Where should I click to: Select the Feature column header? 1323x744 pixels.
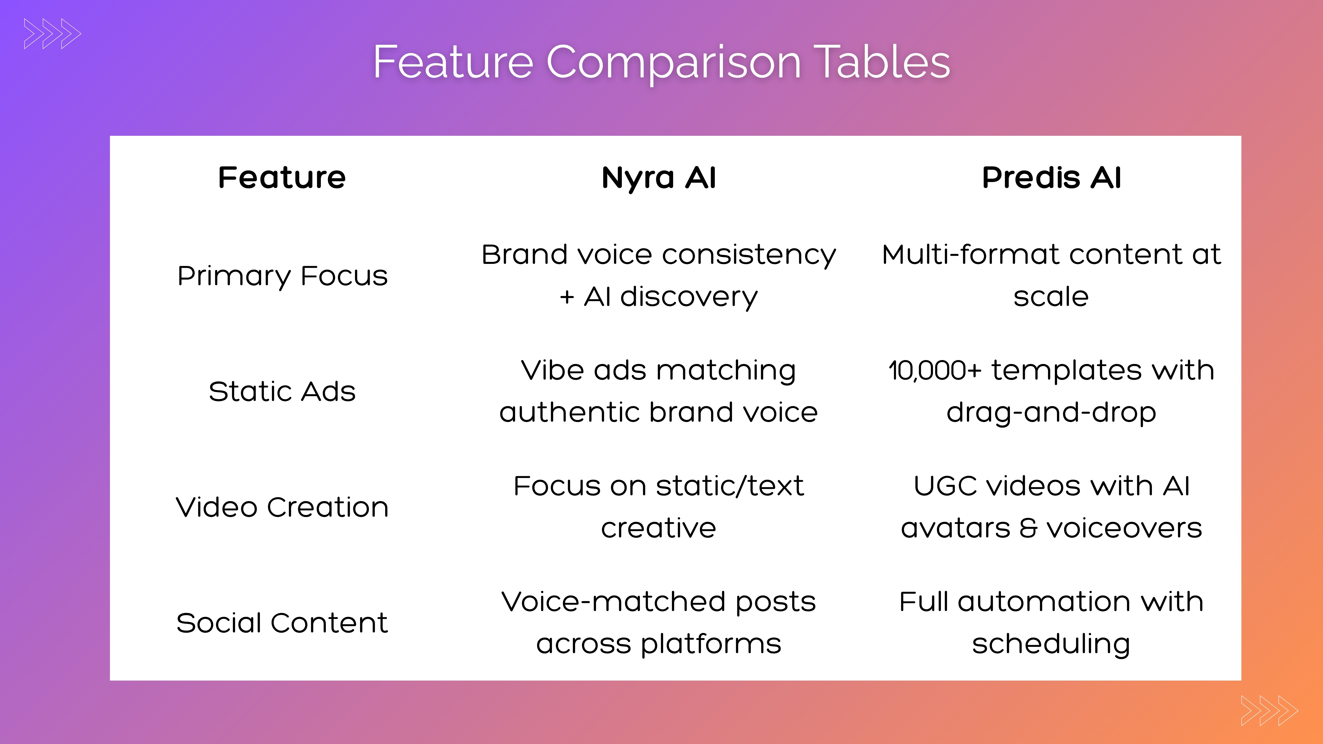coord(282,178)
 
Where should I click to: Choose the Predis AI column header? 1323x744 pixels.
coord(1051,178)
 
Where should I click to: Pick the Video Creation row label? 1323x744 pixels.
coord(282,507)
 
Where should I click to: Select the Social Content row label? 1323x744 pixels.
coord(282,623)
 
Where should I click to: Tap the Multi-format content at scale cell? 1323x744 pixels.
coord(1051,276)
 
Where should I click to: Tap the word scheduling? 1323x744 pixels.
coord(1051,644)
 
